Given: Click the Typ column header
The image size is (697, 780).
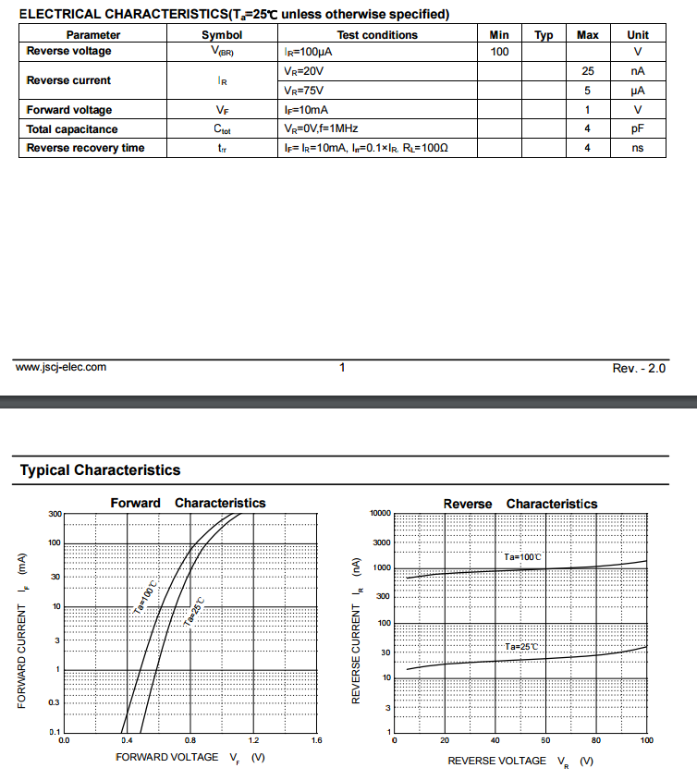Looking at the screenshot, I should tap(544, 35).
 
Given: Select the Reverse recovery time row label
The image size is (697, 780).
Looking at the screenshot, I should tap(85, 148).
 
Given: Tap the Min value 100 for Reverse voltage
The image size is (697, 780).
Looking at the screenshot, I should tap(499, 52).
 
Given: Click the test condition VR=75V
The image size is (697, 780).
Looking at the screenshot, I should tap(304, 91).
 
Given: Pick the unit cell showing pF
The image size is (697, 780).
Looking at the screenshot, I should tap(637, 129).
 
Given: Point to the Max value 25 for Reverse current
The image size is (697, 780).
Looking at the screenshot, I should tap(587, 71).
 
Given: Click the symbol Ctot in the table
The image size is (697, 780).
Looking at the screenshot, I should tap(222, 129).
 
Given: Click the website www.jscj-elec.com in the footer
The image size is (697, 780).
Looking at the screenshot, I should tap(61, 367).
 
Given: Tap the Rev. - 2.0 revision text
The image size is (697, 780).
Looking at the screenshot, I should tap(639, 368).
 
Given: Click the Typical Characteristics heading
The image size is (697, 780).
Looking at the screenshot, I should tap(100, 469).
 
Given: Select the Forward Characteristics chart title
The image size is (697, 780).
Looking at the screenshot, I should tap(188, 503).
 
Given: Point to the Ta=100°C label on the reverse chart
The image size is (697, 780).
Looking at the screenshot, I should tap(522, 557).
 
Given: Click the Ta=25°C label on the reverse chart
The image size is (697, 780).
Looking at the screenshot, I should tap(522, 646).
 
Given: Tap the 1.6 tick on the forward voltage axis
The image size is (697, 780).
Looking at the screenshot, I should tap(316, 740).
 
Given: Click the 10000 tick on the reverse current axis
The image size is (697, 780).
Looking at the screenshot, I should tap(380, 513).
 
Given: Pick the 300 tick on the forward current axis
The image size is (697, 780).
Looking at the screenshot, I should tap(55, 514).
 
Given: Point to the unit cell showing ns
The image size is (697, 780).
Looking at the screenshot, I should tap(637, 148).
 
